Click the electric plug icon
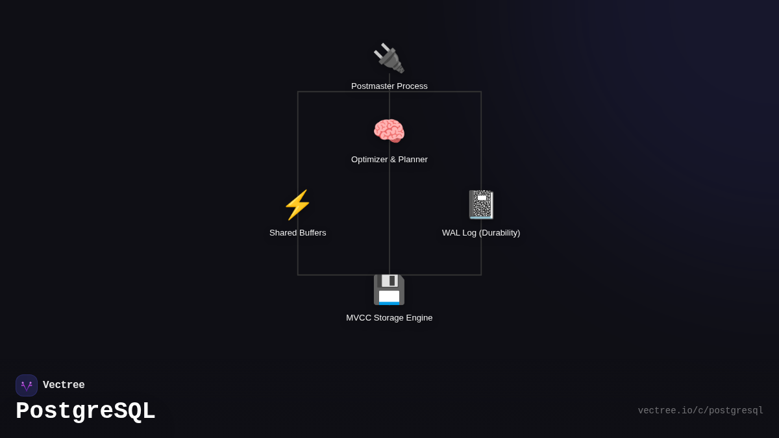coord(389,58)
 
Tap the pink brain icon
coord(389,131)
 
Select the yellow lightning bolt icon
coord(297,204)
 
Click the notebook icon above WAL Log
coord(481,204)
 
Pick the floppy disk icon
coord(389,289)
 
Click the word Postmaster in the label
coord(373,86)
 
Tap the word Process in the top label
coord(412,86)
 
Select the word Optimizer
coord(369,160)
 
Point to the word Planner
coord(413,160)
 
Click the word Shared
coord(282,233)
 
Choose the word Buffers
coord(312,233)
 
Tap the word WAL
coord(452,233)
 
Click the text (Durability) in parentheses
coord(499,233)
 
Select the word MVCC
coord(358,318)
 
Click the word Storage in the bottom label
coord(389,318)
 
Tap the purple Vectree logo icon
coord(27,385)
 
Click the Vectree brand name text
coord(64,385)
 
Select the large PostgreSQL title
coord(86,411)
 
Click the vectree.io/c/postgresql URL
coord(700,411)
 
